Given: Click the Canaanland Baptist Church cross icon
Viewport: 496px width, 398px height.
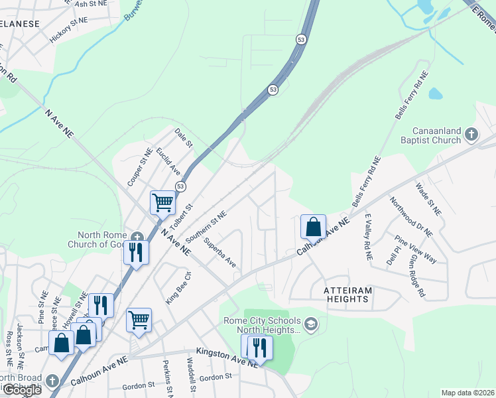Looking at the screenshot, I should [471, 135].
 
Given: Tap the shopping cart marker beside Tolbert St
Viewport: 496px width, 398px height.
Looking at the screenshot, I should [162, 202].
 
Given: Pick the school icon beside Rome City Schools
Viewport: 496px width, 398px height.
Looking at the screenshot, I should [311, 324].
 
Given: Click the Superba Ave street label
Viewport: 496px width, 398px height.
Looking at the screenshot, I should [219, 252].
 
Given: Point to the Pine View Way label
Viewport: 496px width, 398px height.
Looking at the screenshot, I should [415, 249].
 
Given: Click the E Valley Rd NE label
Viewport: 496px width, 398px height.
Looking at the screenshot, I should [368, 237].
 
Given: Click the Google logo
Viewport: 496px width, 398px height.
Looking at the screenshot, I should [21, 390].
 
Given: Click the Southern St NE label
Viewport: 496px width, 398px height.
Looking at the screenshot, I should [206, 226].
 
